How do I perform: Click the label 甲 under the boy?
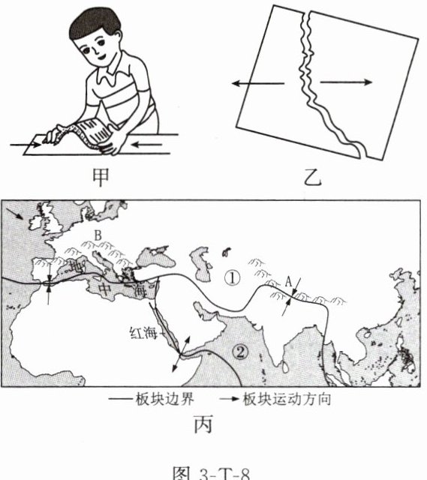click(101, 178)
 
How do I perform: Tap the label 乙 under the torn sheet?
click(313, 178)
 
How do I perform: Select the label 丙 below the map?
click(203, 424)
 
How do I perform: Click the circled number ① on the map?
click(232, 278)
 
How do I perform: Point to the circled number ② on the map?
click(240, 352)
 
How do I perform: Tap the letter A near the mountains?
click(288, 282)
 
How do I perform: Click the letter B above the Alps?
click(98, 235)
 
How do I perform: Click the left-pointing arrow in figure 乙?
click(258, 83)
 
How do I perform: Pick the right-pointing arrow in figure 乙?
click(346, 82)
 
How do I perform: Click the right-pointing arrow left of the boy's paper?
click(26, 145)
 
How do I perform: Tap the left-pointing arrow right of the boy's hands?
click(146, 144)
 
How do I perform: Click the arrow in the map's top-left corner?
click(14, 213)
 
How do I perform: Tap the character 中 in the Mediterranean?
click(104, 289)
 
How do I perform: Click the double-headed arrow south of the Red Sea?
click(181, 354)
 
